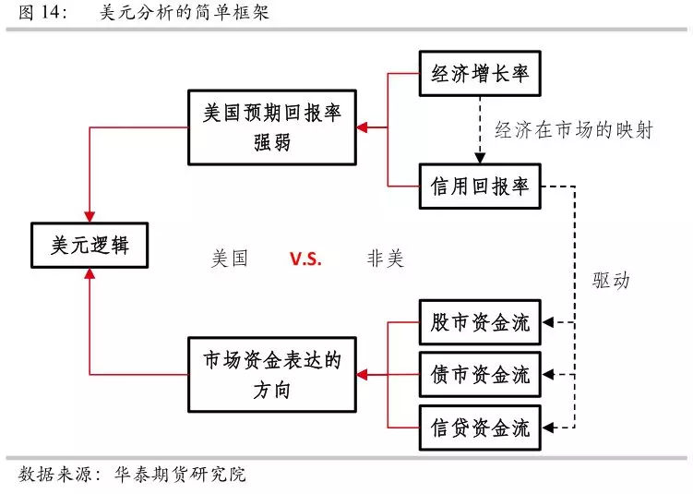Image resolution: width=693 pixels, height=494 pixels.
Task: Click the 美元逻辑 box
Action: [90, 245]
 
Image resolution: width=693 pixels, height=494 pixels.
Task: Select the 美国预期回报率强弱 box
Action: [271, 127]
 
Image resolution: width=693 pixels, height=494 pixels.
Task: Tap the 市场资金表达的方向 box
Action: [271, 375]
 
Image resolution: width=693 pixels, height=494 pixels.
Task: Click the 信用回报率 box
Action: [480, 186]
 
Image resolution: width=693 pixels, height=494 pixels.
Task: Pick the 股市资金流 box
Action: [480, 323]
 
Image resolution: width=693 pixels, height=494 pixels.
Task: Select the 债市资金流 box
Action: [480, 375]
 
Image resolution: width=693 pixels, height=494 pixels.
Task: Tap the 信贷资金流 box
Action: [480, 428]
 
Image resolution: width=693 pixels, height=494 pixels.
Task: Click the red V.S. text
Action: [305, 259]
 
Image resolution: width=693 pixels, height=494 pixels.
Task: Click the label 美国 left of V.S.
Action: [230, 259]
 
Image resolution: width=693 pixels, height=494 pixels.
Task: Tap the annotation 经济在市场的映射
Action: [573, 130]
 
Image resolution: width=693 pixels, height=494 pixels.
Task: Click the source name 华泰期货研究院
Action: [180, 476]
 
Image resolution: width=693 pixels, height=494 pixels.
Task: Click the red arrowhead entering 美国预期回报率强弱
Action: [363, 127]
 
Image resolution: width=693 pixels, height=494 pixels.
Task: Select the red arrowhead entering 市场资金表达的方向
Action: [363, 375]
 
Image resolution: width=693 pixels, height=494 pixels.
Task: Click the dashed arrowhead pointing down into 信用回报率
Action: [480, 159]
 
